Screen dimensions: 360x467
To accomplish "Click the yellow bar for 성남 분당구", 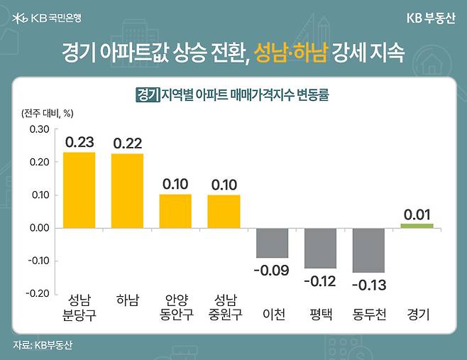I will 79,190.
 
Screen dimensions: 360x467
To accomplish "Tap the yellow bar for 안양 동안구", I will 175,211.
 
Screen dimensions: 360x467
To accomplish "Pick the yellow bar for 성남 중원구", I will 224,211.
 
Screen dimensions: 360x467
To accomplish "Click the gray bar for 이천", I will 272,242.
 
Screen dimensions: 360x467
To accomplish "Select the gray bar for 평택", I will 320,248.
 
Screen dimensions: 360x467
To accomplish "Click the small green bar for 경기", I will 417,225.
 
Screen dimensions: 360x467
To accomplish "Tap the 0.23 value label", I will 79,142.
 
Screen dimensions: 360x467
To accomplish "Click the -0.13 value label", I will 368,284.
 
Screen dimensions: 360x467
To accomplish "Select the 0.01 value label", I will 417,214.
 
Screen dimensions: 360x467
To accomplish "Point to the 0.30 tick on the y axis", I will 39,129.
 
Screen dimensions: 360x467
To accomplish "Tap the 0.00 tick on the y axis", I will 39,228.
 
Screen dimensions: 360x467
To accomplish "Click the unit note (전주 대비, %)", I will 48,112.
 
